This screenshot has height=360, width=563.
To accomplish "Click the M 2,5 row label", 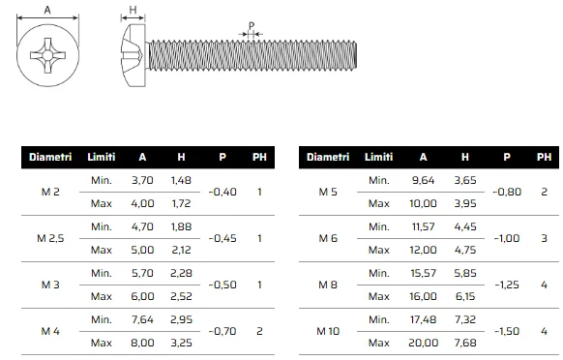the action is click(x=50, y=239).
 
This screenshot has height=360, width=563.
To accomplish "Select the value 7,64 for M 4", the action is click(x=142, y=319).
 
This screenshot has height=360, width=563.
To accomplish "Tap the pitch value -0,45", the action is click(x=222, y=239).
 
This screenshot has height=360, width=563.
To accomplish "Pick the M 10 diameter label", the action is click(x=328, y=331).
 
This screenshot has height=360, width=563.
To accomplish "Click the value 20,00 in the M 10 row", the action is click(x=424, y=343).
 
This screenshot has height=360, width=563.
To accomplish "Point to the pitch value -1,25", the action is click(x=507, y=285).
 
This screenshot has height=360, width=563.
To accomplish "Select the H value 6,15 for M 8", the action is click(x=465, y=296).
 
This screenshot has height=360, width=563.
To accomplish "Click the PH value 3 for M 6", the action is click(x=544, y=239).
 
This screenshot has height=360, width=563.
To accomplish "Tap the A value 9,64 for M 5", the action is click(x=424, y=180).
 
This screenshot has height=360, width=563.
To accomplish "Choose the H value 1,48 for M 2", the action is click(x=181, y=180).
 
